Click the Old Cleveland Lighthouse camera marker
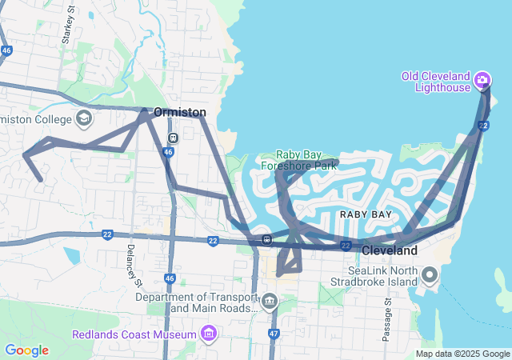coord(482,79)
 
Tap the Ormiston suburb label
coord(179,113)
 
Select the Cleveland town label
coord(390,250)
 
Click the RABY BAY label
coord(366,214)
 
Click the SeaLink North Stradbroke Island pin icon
coord(430,276)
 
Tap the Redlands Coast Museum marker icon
coord(208,333)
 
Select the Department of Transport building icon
coord(269,302)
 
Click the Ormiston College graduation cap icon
coord(83,119)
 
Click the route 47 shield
coord(274,333)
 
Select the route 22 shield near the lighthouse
coord(482,126)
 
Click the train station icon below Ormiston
coord(173,135)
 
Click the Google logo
coord(26,350)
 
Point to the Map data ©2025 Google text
coord(462,354)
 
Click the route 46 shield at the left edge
coord(6,50)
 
